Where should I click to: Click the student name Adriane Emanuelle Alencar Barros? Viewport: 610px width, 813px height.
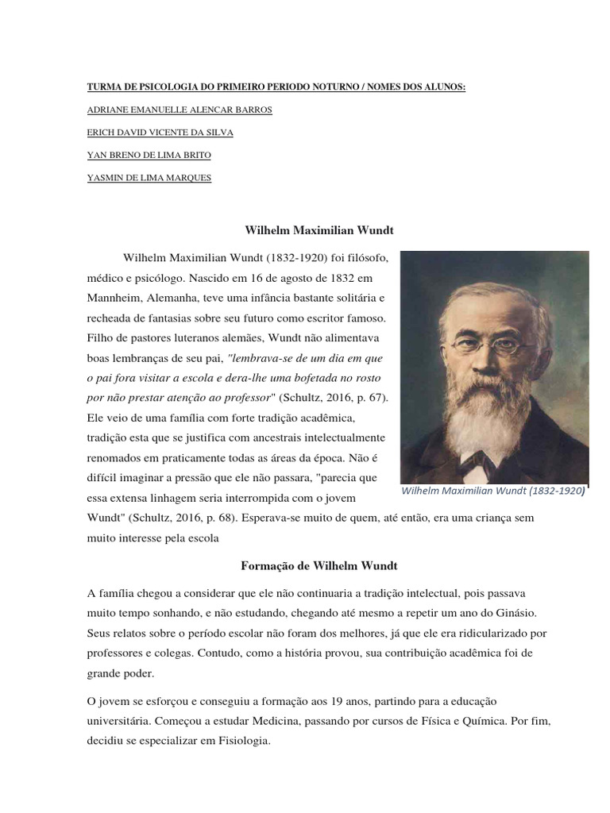[180, 110]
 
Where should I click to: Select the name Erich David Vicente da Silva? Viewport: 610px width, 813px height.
[160, 132]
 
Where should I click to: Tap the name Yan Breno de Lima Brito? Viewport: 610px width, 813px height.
[149, 155]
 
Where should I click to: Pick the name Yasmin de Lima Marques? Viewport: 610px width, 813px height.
[149, 178]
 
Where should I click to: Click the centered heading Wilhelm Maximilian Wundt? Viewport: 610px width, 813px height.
[319, 230]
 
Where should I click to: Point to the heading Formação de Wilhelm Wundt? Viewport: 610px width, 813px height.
[319, 566]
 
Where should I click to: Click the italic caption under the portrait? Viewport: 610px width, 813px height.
[492, 491]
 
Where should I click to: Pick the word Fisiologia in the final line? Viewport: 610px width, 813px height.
[235, 744]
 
